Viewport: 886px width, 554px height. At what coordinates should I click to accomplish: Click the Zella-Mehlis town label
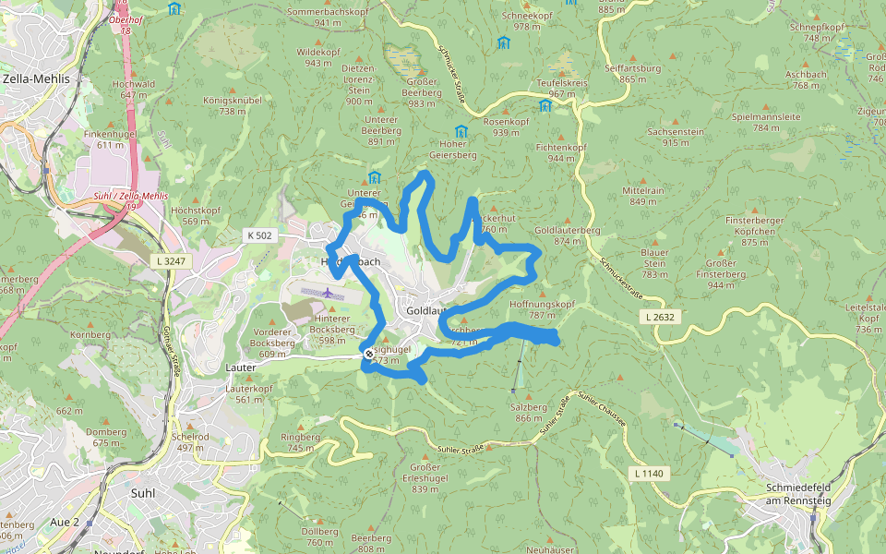click(37, 79)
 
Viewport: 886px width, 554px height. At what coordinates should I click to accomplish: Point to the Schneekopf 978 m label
click(527, 21)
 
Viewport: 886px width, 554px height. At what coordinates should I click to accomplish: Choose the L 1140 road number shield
click(649, 474)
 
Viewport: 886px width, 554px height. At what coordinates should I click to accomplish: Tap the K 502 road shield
click(259, 235)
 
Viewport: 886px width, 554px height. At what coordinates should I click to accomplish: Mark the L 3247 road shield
click(172, 261)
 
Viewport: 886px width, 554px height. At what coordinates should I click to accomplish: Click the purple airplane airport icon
click(329, 293)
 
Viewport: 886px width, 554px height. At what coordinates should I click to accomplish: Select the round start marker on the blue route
click(369, 354)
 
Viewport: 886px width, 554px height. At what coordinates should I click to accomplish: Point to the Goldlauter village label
click(427, 312)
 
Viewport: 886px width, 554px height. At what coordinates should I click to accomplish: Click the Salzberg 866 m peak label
click(529, 412)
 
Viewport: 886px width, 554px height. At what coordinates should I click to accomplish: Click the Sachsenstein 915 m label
click(676, 137)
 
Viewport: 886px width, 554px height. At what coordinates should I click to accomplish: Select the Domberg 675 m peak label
click(105, 437)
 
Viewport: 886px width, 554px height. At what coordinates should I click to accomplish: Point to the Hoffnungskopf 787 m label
click(542, 309)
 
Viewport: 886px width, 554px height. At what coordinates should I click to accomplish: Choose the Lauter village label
click(241, 367)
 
